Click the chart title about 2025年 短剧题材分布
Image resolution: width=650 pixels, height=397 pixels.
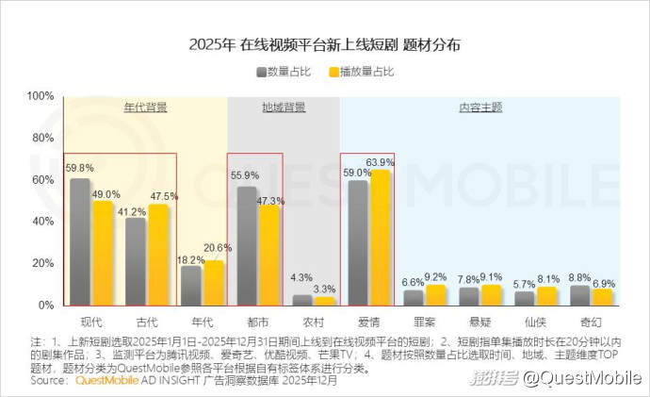[325, 44]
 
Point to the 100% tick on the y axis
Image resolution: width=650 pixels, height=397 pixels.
[41, 96]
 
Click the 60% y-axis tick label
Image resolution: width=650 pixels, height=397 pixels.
[43, 180]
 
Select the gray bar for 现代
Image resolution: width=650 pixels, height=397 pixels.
[80, 241]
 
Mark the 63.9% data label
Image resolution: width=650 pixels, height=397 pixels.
[381, 162]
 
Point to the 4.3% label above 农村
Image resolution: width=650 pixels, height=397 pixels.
[301, 278]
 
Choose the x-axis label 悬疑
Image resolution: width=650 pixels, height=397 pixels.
[479, 322]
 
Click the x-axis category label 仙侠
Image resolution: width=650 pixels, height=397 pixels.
[535, 322]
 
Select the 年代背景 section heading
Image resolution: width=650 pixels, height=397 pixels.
[145, 108]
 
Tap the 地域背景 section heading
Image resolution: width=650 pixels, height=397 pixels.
[284, 108]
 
